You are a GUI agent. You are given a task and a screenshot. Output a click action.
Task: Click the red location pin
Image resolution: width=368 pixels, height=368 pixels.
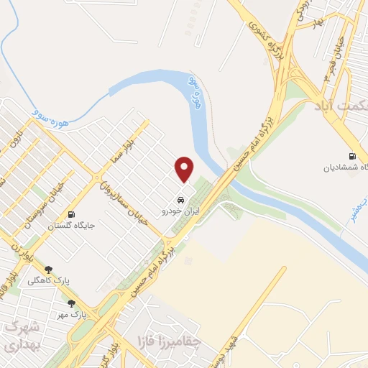(x=185, y=170)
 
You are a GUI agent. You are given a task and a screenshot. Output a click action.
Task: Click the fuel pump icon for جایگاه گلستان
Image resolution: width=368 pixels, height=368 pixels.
(x=71, y=214)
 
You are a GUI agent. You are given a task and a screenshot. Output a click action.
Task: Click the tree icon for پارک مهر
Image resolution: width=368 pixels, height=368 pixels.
(x=71, y=304)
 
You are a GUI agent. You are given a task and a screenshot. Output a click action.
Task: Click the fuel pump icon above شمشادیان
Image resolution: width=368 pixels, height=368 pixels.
(x=351, y=156)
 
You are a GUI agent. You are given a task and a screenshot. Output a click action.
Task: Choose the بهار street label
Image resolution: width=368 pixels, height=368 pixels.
(x=317, y=22)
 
